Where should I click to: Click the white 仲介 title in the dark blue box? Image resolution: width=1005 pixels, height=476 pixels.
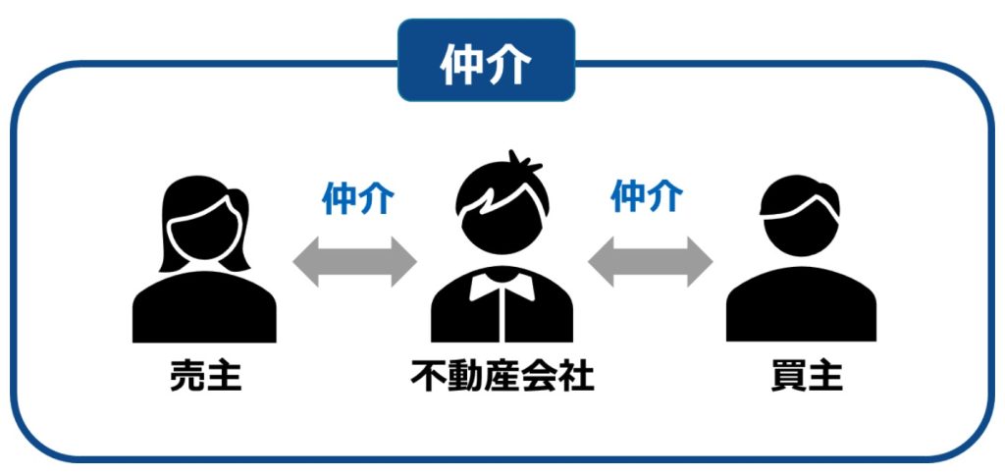[x=486, y=65]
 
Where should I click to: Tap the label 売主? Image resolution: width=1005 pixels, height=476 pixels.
[x=206, y=377]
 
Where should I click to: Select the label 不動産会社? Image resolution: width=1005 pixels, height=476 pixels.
[x=502, y=377]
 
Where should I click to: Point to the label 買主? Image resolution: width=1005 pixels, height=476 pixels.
[x=807, y=377]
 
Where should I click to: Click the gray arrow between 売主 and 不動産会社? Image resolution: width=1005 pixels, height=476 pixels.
[x=354, y=261]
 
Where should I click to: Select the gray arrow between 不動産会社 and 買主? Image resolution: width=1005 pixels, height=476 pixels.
[x=650, y=261]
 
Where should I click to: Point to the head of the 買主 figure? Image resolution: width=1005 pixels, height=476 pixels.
[x=800, y=215]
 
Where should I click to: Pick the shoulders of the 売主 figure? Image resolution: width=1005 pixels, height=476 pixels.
[x=204, y=306]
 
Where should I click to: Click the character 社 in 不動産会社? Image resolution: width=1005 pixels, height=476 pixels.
[x=577, y=377]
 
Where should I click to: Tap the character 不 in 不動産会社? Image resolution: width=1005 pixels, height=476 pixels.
[x=428, y=377]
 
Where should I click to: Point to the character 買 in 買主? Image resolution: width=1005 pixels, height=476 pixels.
[x=788, y=377]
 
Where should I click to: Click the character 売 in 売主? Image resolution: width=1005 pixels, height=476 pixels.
[x=187, y=377]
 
